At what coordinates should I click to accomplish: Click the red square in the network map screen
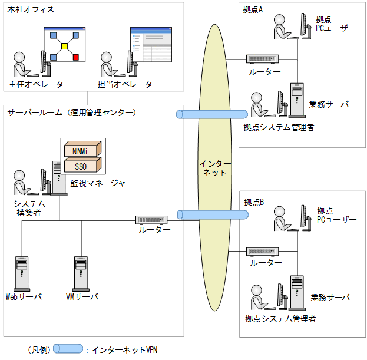point(75,57)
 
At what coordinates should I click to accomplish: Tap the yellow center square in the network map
point(64,46)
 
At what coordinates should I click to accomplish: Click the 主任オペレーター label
point(40,84)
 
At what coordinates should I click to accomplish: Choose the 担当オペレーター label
point(129,84)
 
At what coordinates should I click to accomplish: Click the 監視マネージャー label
point(102,183)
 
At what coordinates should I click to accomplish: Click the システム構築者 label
point(29,209)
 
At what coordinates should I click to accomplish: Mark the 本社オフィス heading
point(30,10)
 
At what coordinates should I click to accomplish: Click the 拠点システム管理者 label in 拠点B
point(280,319)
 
